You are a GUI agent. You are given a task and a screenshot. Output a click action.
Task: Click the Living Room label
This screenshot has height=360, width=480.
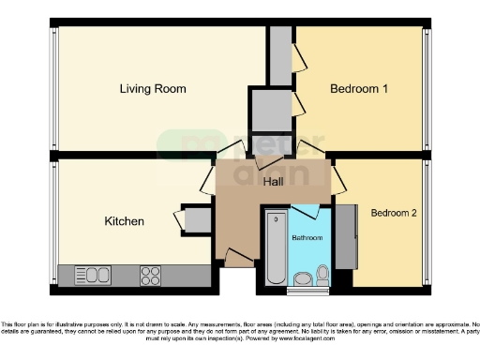(152, 89)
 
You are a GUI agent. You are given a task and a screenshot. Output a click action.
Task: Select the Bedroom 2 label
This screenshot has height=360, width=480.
(394, 213)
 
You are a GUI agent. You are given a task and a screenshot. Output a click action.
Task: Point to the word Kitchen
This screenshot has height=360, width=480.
(124, 222)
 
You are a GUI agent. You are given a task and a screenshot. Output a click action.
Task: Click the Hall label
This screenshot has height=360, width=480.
(273, 181)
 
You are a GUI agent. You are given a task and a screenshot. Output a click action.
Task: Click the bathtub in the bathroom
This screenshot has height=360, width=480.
(275, 248)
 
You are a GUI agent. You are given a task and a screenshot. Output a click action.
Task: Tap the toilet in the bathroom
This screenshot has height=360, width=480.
(323, 273)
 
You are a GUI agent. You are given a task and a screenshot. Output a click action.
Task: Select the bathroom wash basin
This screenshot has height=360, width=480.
(303, 277)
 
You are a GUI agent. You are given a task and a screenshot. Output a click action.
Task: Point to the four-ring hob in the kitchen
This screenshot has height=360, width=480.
(150, 276)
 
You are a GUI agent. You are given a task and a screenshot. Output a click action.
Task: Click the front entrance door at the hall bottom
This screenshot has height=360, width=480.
(239, 258)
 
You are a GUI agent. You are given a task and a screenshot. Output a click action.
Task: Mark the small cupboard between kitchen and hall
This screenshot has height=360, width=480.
(198, 218)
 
